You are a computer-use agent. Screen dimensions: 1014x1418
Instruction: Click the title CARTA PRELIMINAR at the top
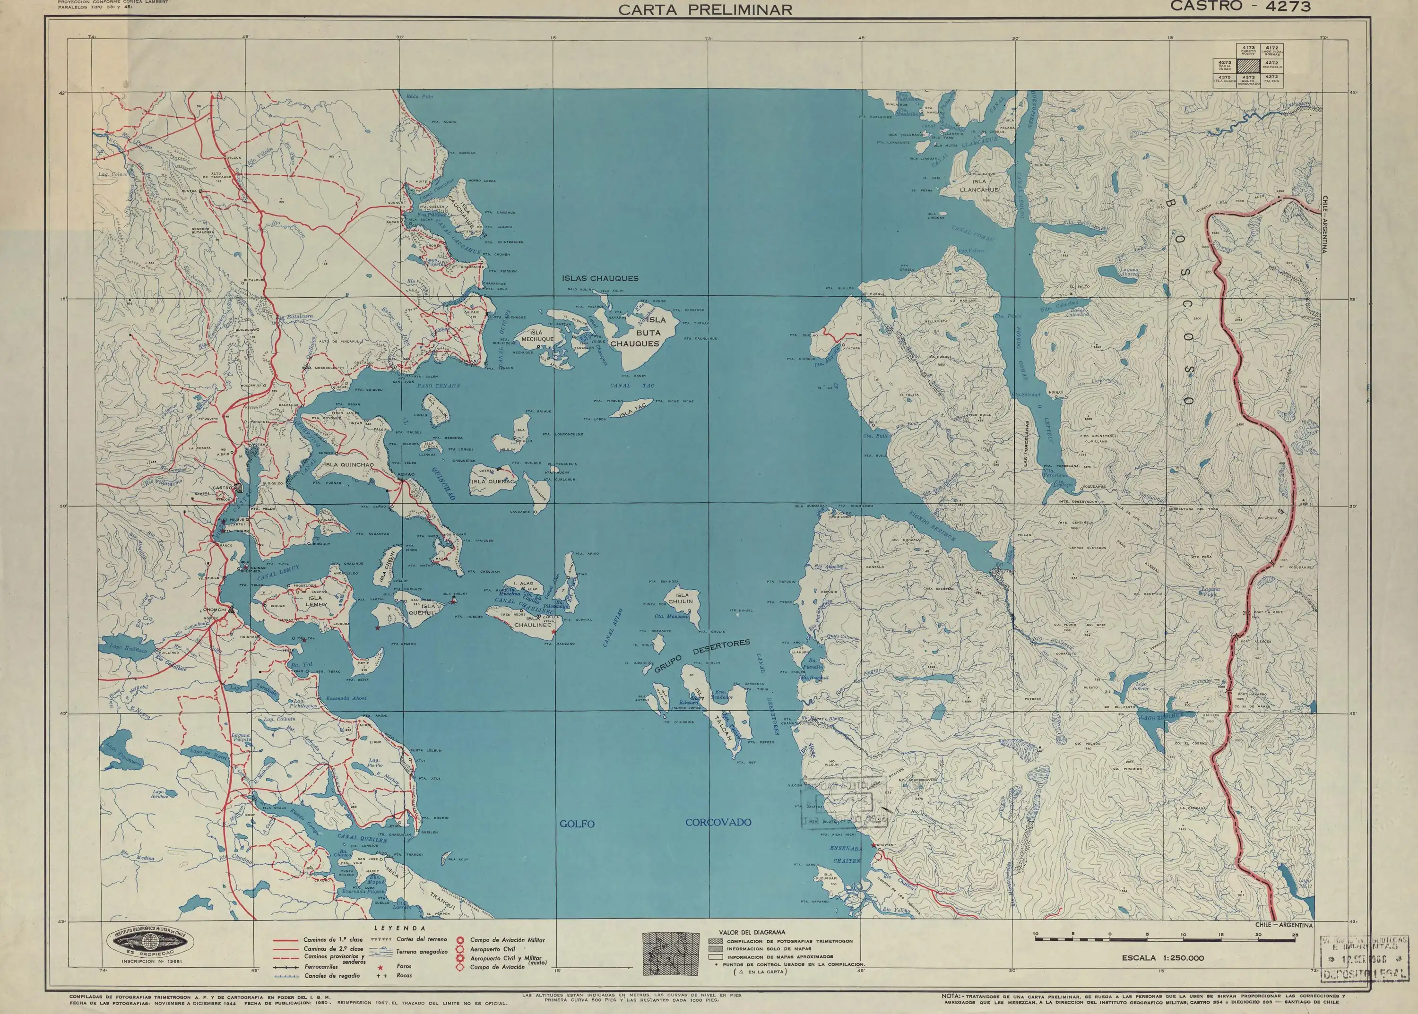tap(705, 9)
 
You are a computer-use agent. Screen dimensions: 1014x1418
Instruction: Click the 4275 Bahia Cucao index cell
tap(1224, 64)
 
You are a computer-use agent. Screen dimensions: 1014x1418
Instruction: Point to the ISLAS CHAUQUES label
tap(600, 278)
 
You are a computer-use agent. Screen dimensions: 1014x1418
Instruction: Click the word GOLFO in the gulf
tap(577, 824)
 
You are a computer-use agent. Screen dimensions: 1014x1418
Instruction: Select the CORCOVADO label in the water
tap(718, 822)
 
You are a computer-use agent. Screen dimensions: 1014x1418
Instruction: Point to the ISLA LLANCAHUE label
tap(980, 185)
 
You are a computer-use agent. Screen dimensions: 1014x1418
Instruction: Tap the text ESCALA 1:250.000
tap(1162, 975)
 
